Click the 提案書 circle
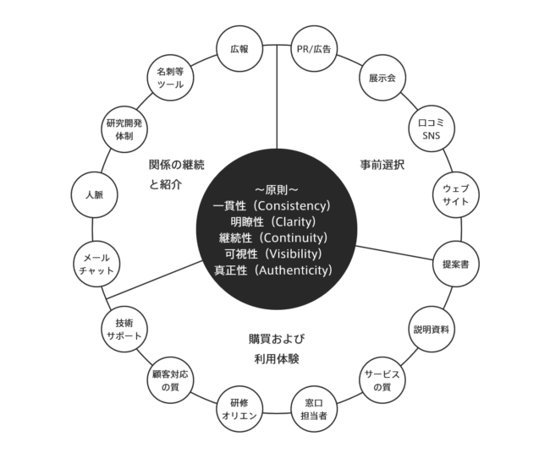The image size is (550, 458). [455, 264]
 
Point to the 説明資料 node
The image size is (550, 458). [432, 328]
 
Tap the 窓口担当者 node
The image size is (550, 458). [314, 408]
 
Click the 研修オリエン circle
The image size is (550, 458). [239, 408]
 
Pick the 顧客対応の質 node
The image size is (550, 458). [172, 379]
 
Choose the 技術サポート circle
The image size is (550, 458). [124, 328]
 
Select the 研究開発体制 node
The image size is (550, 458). [124, 128]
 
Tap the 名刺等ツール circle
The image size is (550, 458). [172, 79]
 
